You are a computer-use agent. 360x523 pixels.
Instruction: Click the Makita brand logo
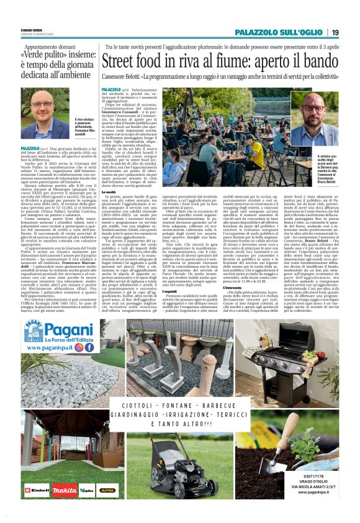pos(65,489)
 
